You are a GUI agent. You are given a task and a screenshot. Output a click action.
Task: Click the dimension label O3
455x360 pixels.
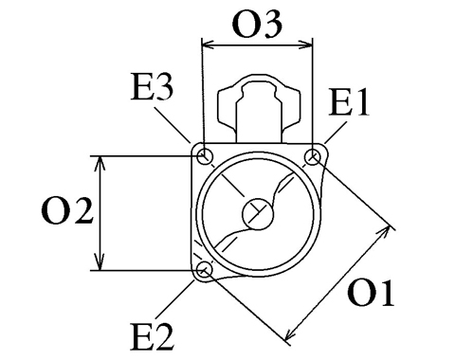coord(257,24)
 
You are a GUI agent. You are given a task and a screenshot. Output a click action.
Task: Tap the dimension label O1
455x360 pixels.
coord(371,293)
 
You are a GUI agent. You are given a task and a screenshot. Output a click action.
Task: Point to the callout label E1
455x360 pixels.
coord(349,101)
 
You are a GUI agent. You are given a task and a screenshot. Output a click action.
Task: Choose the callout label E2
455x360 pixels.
coord(152,336)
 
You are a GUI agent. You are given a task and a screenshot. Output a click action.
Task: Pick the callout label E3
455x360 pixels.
coord(152,87)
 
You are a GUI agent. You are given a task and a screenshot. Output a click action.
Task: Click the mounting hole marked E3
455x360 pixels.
coord(205,156)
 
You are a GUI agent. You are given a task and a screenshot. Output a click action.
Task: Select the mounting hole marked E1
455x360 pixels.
coord(313,156)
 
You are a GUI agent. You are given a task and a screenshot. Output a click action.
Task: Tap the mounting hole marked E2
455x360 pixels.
coord(205,270)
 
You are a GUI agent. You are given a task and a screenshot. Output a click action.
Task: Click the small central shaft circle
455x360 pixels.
coord(258,214)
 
